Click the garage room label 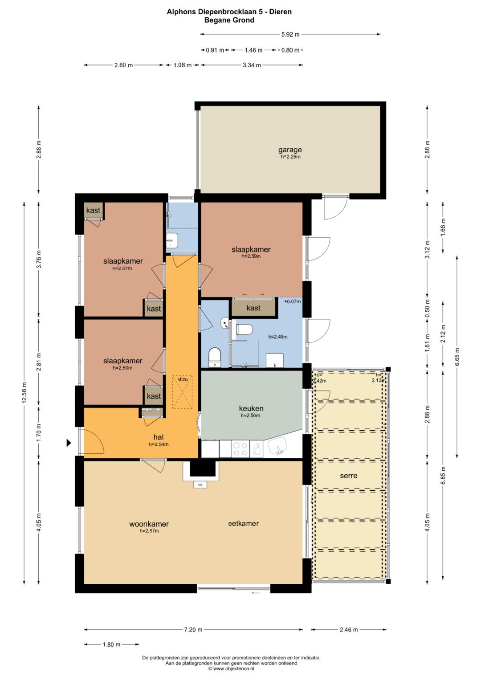[x=290, y=150]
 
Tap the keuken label [x=251, y=408]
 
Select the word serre [x=349, y=476]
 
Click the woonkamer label [x=149, y=524]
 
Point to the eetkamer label [x=243, y=523]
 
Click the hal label [x=159, y=437]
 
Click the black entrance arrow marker [x=69, y=443]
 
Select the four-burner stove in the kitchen [x=240, y=449]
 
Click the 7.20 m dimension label [x=193, y=630]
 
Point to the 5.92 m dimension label [x=290, y=34]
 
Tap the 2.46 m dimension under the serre [x=349, y=630]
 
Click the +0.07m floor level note [x=293, y=301]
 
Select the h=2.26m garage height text [x=290, y=157]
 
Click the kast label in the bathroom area [x=253, y=308]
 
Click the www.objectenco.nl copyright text [x=231, y=668]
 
